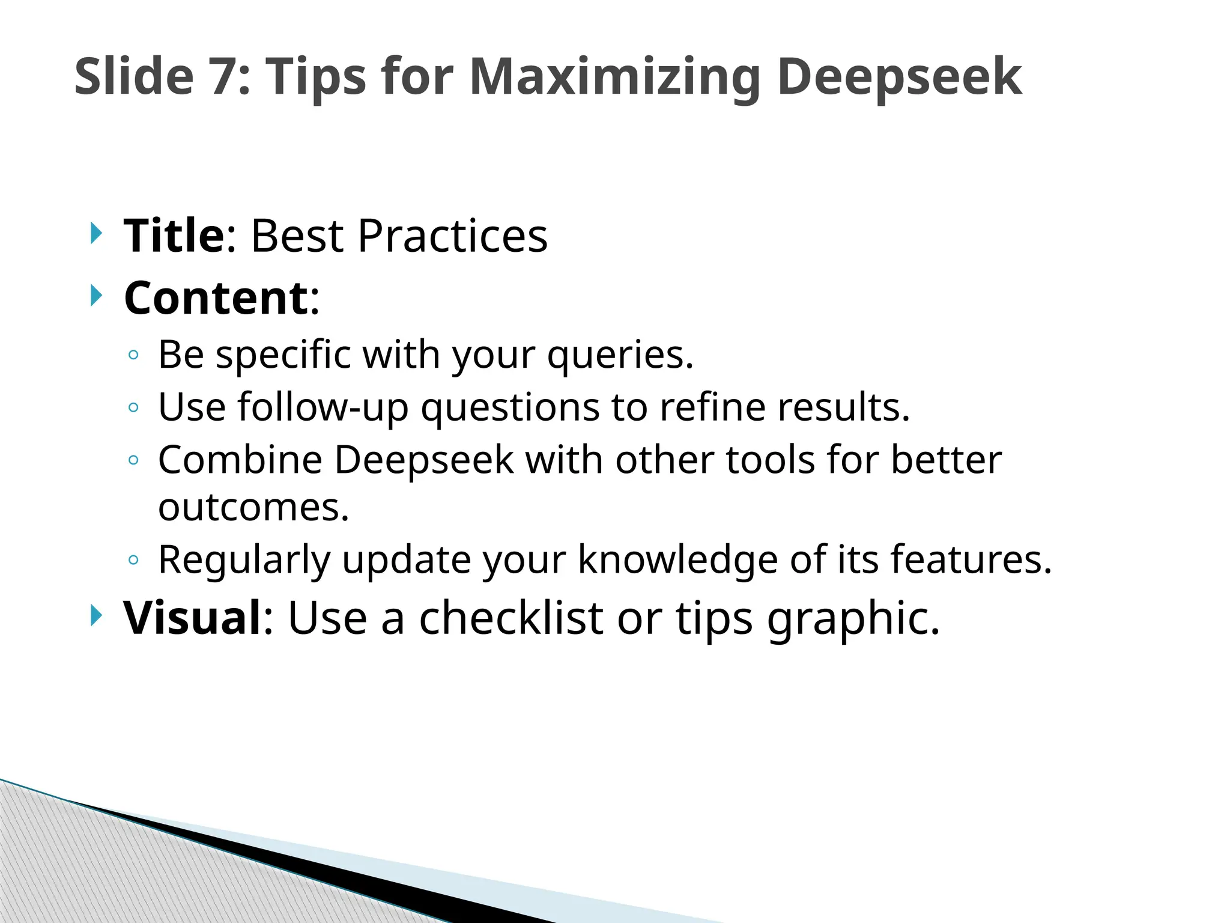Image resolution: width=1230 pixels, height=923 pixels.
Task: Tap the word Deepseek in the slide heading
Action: [x=899, y=77]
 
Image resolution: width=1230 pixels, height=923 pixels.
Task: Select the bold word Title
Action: [x=174, y=236]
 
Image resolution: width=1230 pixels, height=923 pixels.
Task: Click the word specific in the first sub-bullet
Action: [x=283, y=355]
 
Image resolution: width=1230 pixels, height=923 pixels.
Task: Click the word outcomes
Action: [x=253, y=508]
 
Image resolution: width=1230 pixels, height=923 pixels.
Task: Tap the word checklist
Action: [x=510, y=618]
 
